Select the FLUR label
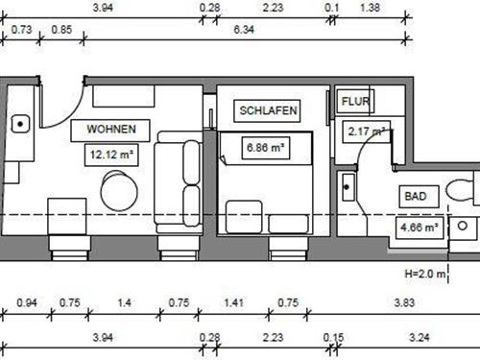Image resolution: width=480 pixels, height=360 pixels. pos(355,100)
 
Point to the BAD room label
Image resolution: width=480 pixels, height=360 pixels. pos(415,196)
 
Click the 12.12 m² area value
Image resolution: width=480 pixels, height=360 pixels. pos(110,152)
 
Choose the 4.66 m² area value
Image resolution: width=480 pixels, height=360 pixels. pos(419,228)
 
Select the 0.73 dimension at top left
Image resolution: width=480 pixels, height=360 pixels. pos(21,30)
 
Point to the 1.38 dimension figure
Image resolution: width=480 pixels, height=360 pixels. pos(369,7)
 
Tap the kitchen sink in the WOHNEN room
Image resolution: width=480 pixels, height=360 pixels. pos(19,123)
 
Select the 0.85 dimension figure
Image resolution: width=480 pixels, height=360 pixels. pos(60,30)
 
